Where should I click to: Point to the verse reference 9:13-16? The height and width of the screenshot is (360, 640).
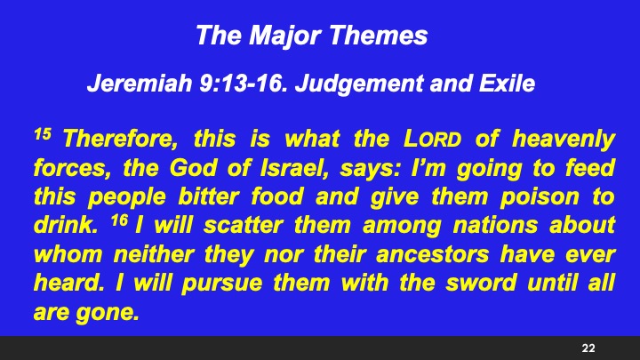click(x=243, y=86)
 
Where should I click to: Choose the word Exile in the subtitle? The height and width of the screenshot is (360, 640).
click(x=503, y=86)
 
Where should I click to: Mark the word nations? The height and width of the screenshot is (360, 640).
click(x=483, y=227)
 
